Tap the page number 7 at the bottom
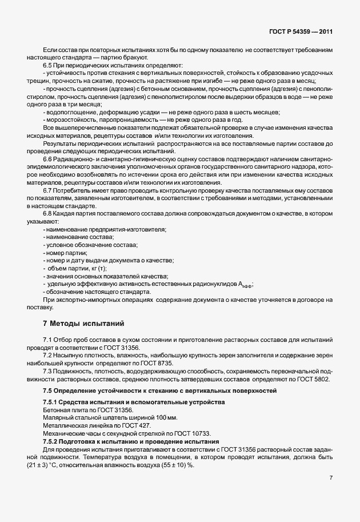(330, 477)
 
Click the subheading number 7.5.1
(51, 403)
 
